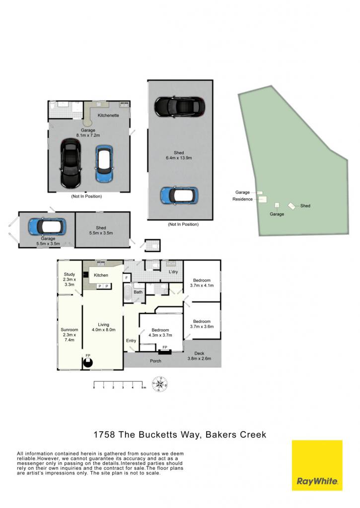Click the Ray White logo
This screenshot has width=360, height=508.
point(317,465)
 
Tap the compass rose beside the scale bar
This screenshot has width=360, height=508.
point(159,384)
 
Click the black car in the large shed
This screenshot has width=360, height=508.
point(180,107)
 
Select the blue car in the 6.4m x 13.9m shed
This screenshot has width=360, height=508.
point(179,195)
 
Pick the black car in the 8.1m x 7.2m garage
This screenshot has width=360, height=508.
point(70,163)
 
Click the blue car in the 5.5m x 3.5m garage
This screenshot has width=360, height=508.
point(47,226)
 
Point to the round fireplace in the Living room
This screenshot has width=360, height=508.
point(87,363)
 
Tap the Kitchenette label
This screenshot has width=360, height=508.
point(108,115)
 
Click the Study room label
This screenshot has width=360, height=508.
point(70,279)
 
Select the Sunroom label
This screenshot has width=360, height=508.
point(70,335)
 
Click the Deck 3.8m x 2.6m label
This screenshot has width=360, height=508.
point(199,356)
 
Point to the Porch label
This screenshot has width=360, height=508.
point(156,361)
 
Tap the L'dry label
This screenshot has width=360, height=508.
point(173,272)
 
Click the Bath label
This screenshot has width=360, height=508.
point(138,292)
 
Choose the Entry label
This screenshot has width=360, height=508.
point(131,340)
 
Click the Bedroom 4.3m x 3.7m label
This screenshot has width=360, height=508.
point(160,332)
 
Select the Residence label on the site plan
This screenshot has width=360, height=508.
point(242,199)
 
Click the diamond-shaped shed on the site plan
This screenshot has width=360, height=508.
point(292,206)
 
